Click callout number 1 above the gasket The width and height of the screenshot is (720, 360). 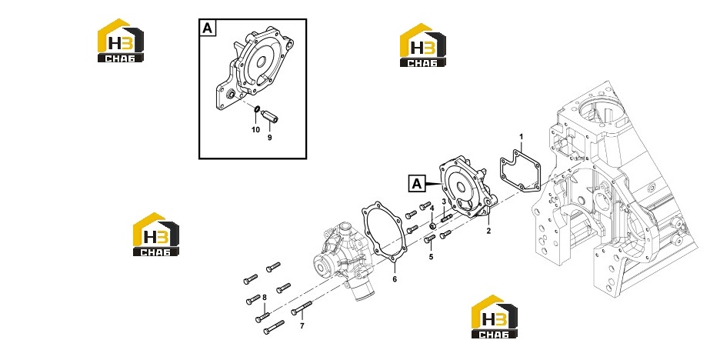(522, 136)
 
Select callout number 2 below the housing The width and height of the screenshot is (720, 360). (488, 231)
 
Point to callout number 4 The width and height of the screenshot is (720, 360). (432, 208)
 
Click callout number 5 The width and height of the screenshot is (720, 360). (431, 257)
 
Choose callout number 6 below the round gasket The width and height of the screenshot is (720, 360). (395, 278)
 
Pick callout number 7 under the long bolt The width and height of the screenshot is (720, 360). (302, 326)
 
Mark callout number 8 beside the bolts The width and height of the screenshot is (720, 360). (264, 298)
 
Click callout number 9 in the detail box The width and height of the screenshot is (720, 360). (269, 137)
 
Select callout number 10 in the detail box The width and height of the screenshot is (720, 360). (255, 130)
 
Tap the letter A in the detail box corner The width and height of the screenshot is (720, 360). (208, 28)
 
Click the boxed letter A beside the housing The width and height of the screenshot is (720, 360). (416, 184)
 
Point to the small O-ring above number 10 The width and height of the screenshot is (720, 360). (257, 109)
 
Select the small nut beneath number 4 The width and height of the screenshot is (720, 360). (432, 225)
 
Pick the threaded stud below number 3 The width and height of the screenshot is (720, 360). (447, 218)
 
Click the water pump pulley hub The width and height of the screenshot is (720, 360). (321, 265)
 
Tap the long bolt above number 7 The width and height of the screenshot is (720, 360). (302, 308)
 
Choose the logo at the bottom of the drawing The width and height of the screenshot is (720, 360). (494, 317)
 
